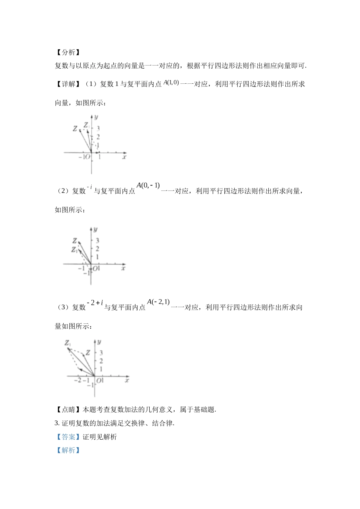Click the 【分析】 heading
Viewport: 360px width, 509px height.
(68, 53)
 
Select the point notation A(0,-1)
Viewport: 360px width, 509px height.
(148, 186)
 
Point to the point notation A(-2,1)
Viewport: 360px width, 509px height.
(158, 302)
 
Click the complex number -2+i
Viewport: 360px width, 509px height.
(95, 303)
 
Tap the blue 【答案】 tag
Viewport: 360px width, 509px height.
(68, 437)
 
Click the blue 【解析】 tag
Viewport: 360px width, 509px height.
(68, 450)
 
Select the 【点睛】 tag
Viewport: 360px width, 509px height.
(68, 409)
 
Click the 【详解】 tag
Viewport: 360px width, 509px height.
(68, 84)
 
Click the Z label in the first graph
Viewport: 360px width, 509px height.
(75, 129)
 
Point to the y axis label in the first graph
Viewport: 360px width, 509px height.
(96, 117)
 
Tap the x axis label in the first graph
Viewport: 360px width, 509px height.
(124, 157)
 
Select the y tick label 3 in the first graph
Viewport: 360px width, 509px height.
(98, 129)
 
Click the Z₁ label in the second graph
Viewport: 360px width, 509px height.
(74, 250)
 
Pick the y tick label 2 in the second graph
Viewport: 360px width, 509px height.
(97, 249)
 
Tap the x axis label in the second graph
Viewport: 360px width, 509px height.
(123, 268)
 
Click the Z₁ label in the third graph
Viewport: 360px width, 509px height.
(68, 343)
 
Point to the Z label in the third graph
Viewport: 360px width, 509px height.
(88, 353)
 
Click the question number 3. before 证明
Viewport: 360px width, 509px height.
(57, 423)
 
